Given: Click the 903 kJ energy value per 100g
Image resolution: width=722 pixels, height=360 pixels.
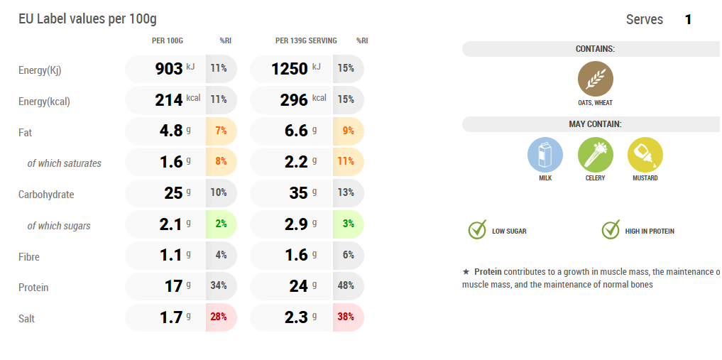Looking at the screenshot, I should point(169,69).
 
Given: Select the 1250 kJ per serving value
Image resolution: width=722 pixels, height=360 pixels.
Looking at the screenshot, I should point(290,69).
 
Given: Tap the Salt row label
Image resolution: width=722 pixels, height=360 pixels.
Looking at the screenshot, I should point(26,319).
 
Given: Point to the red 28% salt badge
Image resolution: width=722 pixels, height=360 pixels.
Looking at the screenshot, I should point(221,317).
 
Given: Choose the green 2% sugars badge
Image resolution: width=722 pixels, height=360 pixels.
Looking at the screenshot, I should point(221,224).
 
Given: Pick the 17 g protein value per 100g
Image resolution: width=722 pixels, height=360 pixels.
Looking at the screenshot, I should point(173,286).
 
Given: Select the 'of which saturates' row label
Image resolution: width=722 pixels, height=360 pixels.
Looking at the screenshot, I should point(64,163).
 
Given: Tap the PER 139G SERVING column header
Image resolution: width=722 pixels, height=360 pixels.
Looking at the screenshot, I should point(306,40).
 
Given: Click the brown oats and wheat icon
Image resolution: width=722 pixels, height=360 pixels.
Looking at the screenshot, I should point(595,79).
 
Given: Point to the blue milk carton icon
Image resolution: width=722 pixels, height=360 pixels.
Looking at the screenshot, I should point(545,155).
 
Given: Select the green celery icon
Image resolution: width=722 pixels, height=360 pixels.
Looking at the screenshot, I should point(595,155).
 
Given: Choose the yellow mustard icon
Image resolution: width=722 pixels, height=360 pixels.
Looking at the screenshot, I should point(645,155).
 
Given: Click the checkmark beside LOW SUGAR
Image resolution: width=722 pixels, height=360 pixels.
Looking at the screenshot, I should point(477,230).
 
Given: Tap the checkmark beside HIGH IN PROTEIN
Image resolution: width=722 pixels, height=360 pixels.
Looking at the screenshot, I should point(611,230).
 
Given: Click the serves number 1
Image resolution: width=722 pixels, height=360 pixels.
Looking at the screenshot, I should point(688,20).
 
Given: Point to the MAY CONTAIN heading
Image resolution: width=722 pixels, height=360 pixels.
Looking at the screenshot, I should point(595,124).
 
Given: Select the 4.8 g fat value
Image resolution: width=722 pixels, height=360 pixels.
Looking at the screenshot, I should point(172,131).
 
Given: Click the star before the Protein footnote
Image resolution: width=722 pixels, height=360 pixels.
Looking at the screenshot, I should point(466,272).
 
